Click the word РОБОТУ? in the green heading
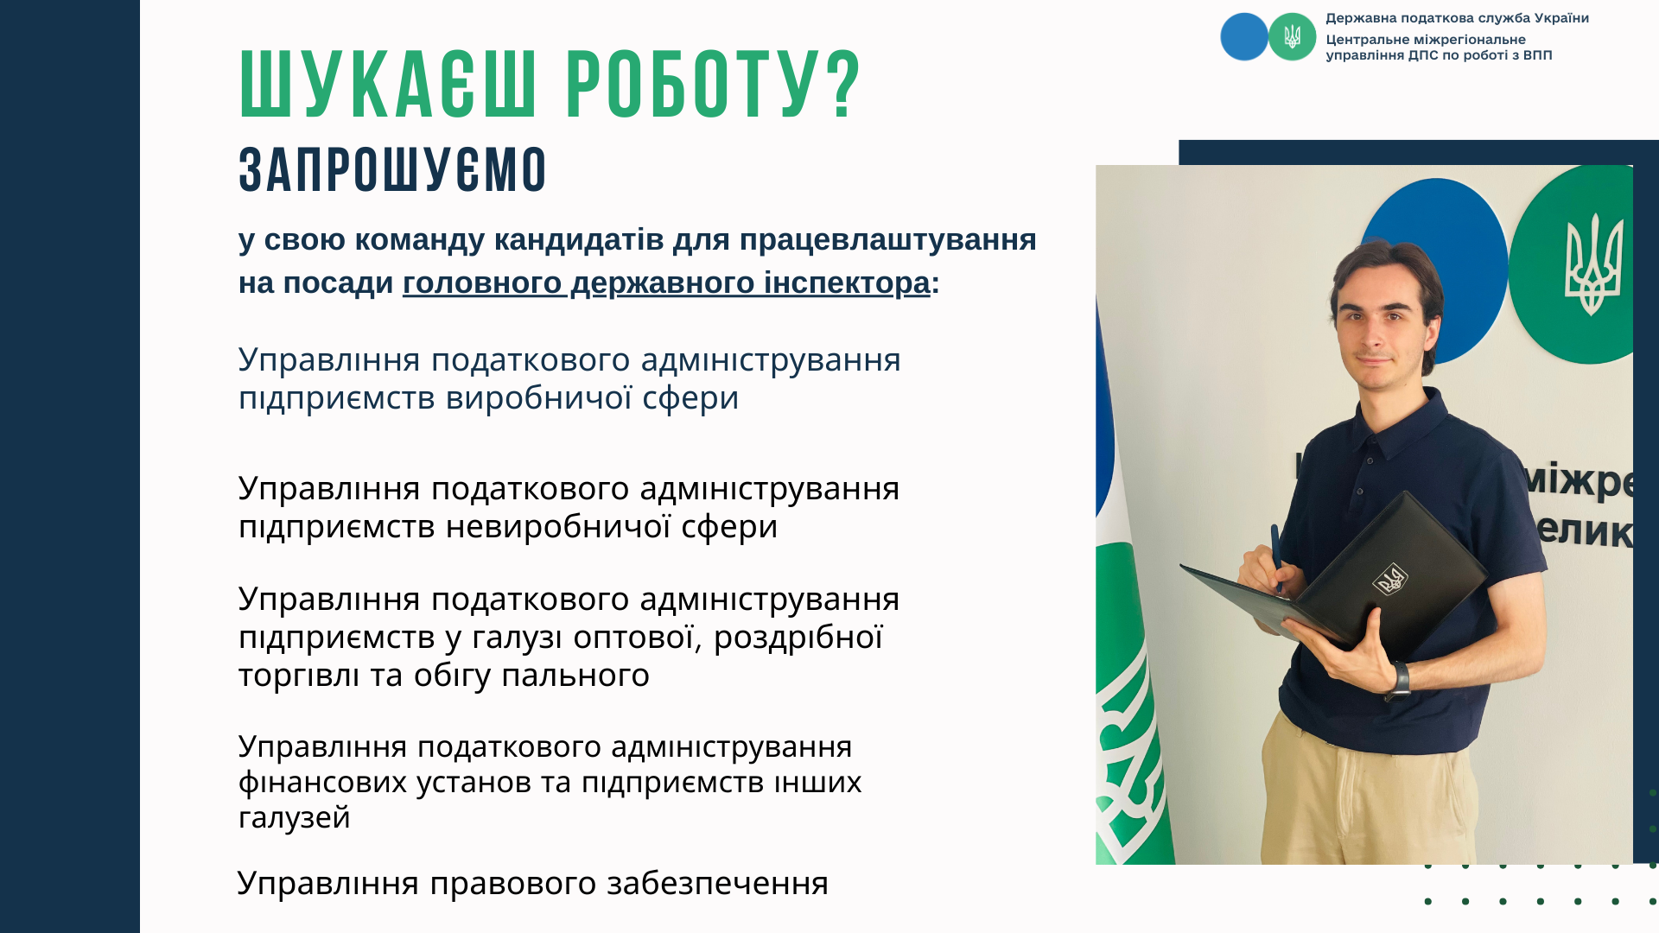713,84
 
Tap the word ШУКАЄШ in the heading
389,84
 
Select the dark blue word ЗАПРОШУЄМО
393,169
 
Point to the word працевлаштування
887,239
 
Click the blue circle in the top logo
1244,36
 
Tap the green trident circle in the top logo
1292,36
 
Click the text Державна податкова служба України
1457,18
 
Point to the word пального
575,675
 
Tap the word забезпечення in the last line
717,883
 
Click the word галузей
295,817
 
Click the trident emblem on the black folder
1390,580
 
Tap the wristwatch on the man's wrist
1399,680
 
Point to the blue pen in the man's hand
1276,557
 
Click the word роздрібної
798,637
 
